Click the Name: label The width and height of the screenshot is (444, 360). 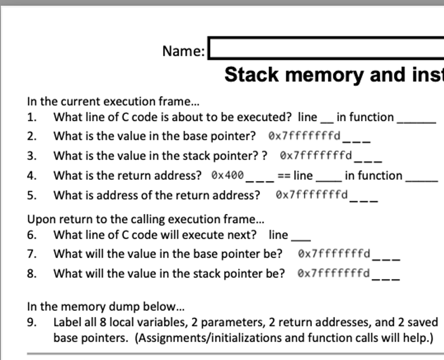183,51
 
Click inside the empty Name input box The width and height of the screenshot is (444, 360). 326,49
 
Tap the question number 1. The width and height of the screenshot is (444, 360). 31,117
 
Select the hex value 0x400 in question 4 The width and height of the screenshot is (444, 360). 228,175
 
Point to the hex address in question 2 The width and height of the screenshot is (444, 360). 304,136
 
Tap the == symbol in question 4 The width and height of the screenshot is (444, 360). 284,175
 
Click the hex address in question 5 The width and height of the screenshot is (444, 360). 312,195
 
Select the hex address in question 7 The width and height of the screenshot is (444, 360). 334,254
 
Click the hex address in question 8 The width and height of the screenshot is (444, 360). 334,273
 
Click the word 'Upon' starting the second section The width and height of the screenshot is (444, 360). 38,219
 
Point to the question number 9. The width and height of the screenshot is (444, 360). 31,322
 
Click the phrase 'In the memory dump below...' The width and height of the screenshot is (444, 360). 106,306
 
